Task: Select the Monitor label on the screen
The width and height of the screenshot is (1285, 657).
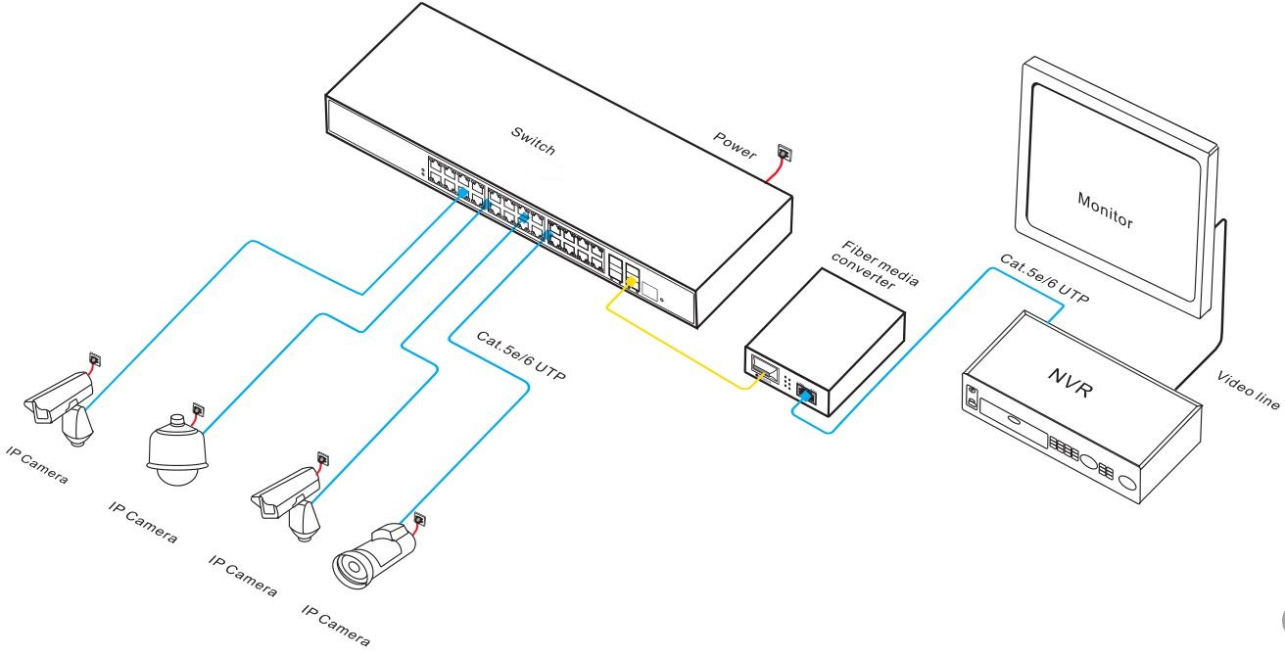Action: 1105,208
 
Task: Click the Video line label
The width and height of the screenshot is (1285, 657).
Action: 1247,393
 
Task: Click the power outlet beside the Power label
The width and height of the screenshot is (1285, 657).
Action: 784,153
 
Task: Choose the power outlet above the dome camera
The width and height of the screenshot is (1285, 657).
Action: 199,407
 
